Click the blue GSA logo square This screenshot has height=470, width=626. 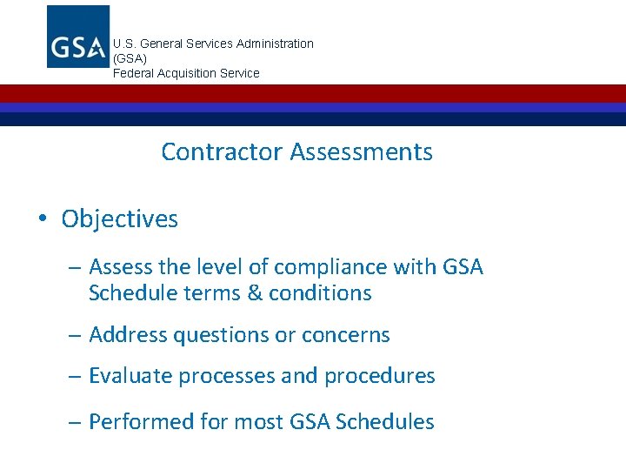point(78,37)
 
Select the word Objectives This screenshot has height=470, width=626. point(119,219)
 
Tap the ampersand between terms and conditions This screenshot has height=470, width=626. point(255,293)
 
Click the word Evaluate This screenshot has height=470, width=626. point(133,376)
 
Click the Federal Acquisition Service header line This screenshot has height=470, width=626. point(186,73)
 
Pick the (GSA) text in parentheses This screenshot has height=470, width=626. point(130,58)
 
